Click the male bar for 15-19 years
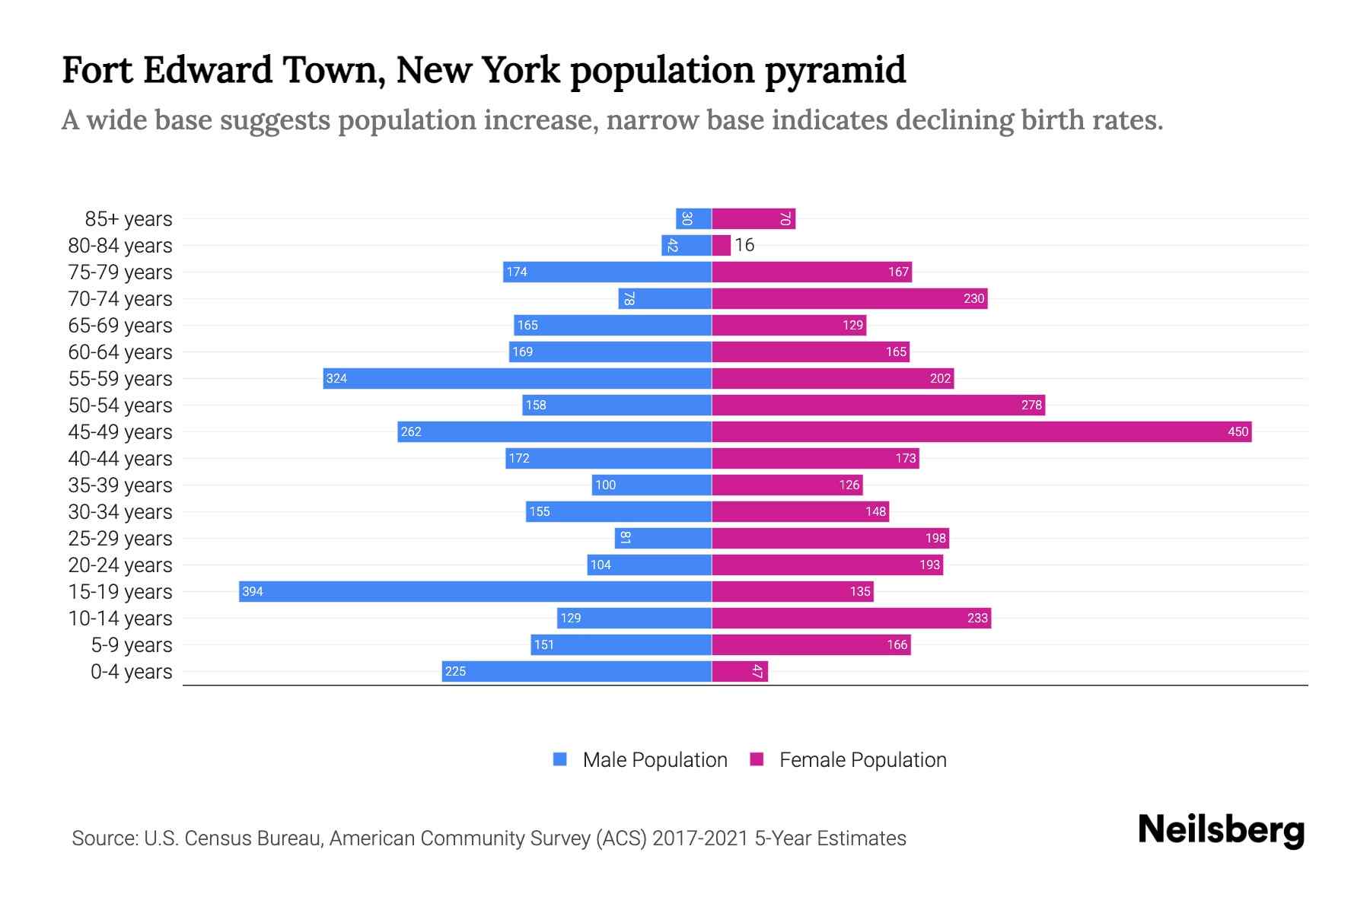pyautogui.click(x=475, y=591)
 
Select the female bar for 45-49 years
pyautogui.click(x=982, y=431)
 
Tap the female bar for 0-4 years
pyautogui.click(x=740, y=671)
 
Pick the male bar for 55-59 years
pyautogui.click(x=518, y=378)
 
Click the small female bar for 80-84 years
pyautogui.click(x=722, y=245)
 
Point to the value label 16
pyautogui.click(x=744, y=245)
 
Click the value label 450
pyautogui.click(x=1238, y=431)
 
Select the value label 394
pyautogui.click(x=253, y=591)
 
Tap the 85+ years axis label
pyautogui.click(x=129, y=219)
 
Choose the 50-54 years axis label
pyautogui.click(x=120, y=406)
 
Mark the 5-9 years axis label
pyautogui.click(x=132, y=645)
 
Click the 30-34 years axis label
pyautogui.click(x=120, y=512)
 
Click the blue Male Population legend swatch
pyautogui.click(x=560, y=759)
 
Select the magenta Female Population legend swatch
pyautogui.click(x=757, y=759)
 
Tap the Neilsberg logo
pyautogui.click(x=1221, y=830)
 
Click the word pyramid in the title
pyautogui.click(x=835, y=71)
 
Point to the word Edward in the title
pyautogui.click(x=208, y=70)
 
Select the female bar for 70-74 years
pyautogui.click(x=849, y=298)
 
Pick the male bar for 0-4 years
pyautogui.click(x=577, y=671)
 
